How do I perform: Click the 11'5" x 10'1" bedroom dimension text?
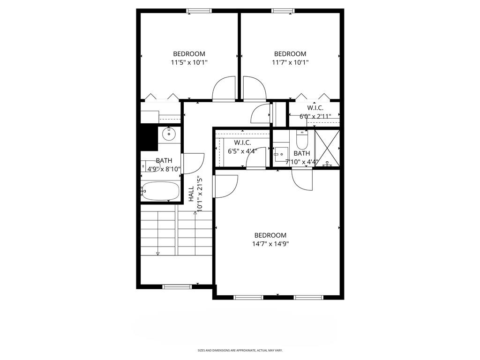click(x=189, y=63)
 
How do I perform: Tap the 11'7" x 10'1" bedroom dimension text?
click(x=290, y=63)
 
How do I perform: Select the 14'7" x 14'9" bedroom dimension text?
click(x=270, y=244)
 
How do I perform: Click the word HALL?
click(x=191, y=194)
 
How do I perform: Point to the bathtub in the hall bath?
click(x=160, y=191)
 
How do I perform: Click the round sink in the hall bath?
click(x=169, y=134)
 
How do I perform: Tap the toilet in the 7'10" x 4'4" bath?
click(x=302, y=140)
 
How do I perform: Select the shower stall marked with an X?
click(x=327, y=148)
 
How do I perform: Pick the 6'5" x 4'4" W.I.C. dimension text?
click(x=242, y=151)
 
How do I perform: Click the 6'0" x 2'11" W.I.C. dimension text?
click(x=315, y=116)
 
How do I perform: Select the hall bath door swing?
click(x=193, y=164)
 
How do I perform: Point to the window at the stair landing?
click(x=177, y=287)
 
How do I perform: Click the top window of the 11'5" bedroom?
click(x=199, y=11)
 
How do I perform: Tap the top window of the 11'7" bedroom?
click(x=283, y=11)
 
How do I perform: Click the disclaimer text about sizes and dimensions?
click(x=240, y=350)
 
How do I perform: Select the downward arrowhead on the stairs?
click(x=158, y=254)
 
